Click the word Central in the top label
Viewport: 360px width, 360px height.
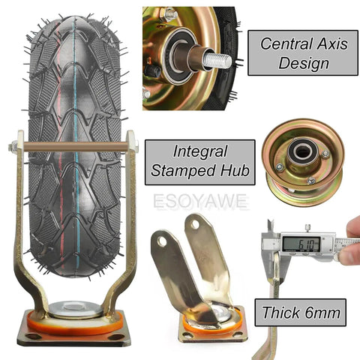(x=286, y=43)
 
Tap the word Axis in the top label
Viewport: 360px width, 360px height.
(x=333, y=43)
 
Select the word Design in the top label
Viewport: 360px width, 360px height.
(x=304, y=63)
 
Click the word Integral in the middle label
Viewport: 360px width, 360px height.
(x=200, y=152)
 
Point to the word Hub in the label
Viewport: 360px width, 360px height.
(x=235, y=170)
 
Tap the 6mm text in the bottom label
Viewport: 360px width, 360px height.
(x=322, y=313)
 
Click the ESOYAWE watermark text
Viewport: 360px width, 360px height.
(x=201, y=201)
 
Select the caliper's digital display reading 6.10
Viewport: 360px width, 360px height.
(x=301, y=244)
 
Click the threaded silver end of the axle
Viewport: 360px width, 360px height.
(x=217, y=61)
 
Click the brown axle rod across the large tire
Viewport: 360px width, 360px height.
(x=76, y=146)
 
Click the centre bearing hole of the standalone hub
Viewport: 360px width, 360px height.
(x=302, y=151)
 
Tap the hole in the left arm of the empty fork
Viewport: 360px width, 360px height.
(x=162, y=241)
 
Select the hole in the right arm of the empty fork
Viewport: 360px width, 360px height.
(x=195, y=225)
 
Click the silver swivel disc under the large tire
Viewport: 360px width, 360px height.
(x=76, y=310)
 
